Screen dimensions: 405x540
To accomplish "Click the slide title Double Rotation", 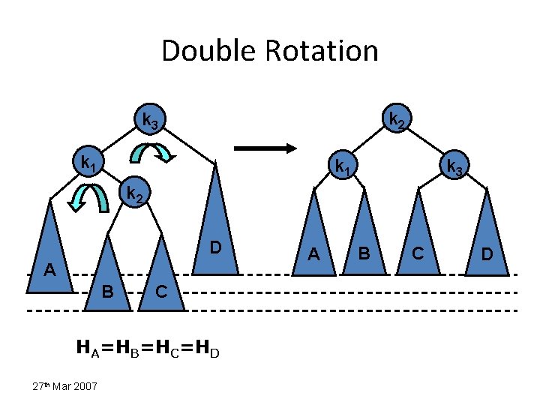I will pyautogui.click(x=270, y=51).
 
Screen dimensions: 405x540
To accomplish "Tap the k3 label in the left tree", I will pyautogui.click(x=150, y=119).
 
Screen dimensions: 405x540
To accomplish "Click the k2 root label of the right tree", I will pyautogui.click(x=397, y=118).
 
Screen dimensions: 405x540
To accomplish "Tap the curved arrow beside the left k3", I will pyautogui.click(x=153, y=152).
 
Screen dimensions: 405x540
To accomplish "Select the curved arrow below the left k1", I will pyautogui.click(x=87, y=197).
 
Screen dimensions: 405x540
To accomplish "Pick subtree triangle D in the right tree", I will pyautogui.click(x=486, y=236).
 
